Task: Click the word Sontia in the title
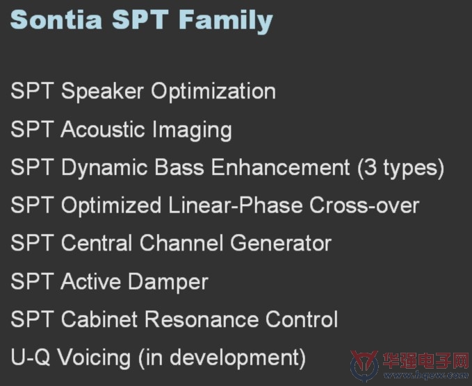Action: point(56,19)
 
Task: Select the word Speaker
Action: point(102,92)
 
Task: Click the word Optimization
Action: point(213,92)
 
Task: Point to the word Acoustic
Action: point(103,129)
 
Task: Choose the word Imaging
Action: point(192,131)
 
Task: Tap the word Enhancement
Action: point(280,167)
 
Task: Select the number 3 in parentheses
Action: point(371,167)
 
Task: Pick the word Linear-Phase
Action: point(236,205)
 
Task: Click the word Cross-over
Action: point(364,205)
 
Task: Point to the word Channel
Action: point(181,243)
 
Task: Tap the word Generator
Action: point(281,243)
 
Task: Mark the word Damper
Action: point(168,282)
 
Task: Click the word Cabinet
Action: point(99,319)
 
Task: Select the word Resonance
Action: point(202,319)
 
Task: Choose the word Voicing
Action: point(94,358)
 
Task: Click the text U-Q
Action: point(30,357)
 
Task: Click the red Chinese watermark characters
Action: point(425,361)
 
